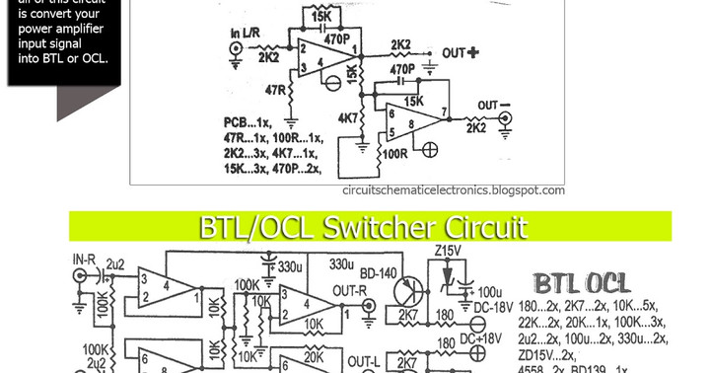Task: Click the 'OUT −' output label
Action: pos(494,105)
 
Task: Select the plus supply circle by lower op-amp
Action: pos(429,150)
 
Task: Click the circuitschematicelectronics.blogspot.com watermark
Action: pos(454,190)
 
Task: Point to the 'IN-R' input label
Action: pos(85,260)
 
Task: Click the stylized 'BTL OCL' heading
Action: pos(589,283)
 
